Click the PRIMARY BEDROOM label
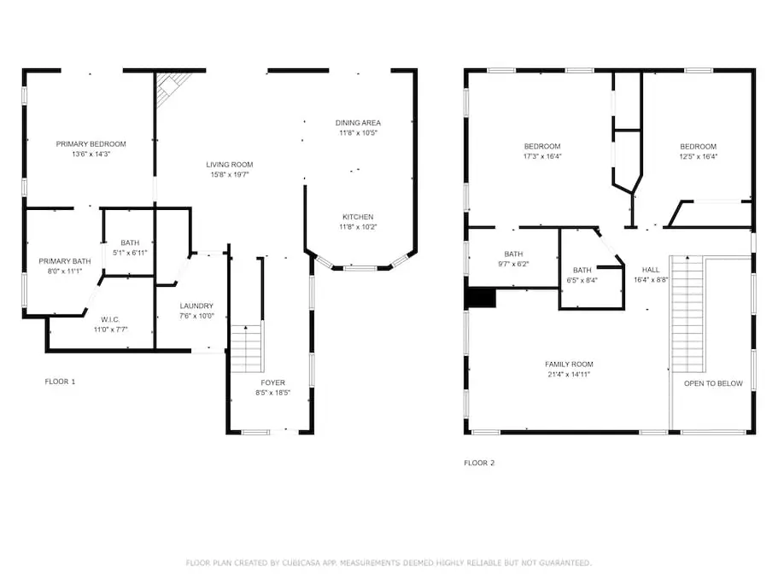point(91,144)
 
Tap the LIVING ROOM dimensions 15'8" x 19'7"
point(230,174)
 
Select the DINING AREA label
point(358,123)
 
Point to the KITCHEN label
point(358,217)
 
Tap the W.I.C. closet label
point(110,320)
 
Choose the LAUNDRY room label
point(196,306)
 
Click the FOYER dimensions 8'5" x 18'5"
point(273,393)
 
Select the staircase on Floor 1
point(247,348)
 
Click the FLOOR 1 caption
point(60,382)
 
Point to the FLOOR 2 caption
point(479,463)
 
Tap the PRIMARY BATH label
point(65,261)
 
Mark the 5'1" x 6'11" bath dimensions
point(130,253)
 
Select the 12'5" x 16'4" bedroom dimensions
point(698,157)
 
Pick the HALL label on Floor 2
point(651,271)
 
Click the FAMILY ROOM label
point(569,364)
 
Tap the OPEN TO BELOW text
point(713,384)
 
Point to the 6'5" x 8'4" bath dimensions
point(582,280)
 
